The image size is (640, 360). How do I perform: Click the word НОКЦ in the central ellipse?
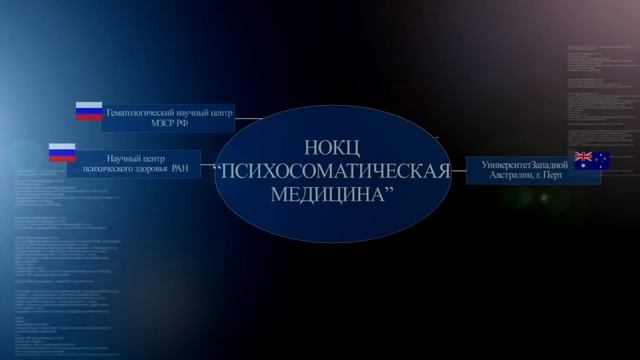coord(331,146)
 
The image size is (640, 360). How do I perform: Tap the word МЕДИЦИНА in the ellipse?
coord(327,192)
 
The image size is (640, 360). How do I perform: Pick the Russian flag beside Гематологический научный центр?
coord(90,111)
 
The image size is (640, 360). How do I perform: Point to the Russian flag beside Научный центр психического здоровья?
coord(63,153)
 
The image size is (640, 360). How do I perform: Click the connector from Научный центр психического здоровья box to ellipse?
coord(208,164)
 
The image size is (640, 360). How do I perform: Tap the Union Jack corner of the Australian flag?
coord(583,156)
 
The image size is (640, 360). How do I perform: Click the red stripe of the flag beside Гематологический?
coord(90,117)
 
